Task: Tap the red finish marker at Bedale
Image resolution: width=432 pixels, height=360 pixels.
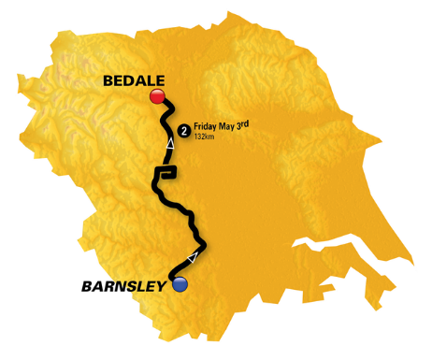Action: [157, 96]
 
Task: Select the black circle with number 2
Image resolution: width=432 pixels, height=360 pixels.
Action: [185, 130]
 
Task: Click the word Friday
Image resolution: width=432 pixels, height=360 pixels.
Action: [208, 127]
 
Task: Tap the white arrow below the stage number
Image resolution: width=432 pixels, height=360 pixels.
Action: [170, 144]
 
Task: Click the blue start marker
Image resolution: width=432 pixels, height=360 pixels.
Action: [180, 283]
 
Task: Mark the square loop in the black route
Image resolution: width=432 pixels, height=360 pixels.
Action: [166, 171]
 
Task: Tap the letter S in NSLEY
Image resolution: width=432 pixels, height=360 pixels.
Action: [132, 287]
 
